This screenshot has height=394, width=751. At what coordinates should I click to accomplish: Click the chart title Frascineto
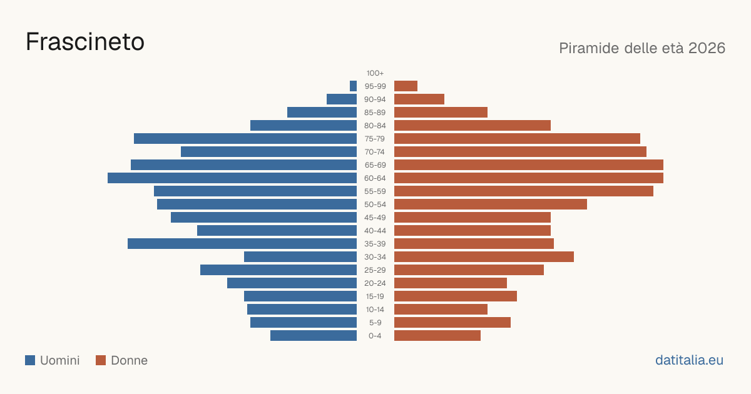pyautogui.click(x=85, y=42)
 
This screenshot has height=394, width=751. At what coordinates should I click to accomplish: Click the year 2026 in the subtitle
pyautogui.click(x=707, y=48)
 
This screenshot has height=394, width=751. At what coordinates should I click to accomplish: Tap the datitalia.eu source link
pyautogui.click(x=689, y=360)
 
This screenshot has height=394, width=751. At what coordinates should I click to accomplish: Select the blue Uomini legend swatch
pyautogui.click(x=30, y=360)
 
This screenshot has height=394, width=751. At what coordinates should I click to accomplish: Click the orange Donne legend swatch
pyautogui.click(x=101, y=360)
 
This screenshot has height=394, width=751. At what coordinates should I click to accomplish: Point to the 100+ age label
pyautogui.click(x=375, y=73)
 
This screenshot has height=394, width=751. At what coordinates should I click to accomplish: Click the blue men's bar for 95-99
pyautogui.click(x=353, y=86)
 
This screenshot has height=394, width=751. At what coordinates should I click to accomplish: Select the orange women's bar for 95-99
pyautogui.click(x=406, y=86)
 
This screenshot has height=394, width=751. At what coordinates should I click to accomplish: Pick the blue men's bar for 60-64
pyautogui.click(x=232, y=178)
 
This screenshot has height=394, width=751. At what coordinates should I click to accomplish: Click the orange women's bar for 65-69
pyautogui.click(x=529, y=165)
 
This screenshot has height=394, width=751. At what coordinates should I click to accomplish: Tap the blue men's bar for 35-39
pyautogui.click(x=242, y=243)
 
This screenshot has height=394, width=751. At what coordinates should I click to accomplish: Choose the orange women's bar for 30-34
pyautogui.click(x=484, y=256)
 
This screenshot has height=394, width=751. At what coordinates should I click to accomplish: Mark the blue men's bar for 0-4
pyautogui.click(x=314, y=335)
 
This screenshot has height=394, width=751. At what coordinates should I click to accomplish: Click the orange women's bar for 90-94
pyautogui.click(x=419, y=99)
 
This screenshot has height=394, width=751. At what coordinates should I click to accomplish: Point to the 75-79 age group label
pyautogui.click(x=375, y=139)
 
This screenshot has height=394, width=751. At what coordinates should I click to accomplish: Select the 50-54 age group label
pyautogui.click(x=375, y=205)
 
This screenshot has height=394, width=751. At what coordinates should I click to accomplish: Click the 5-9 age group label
pyautogui.click(x=375, y=323)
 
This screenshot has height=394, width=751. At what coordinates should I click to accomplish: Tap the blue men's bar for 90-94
pyautogui.click(x=342, y=99)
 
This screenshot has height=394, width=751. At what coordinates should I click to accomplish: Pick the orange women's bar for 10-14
pyautogui.click(x=441, y=309)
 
